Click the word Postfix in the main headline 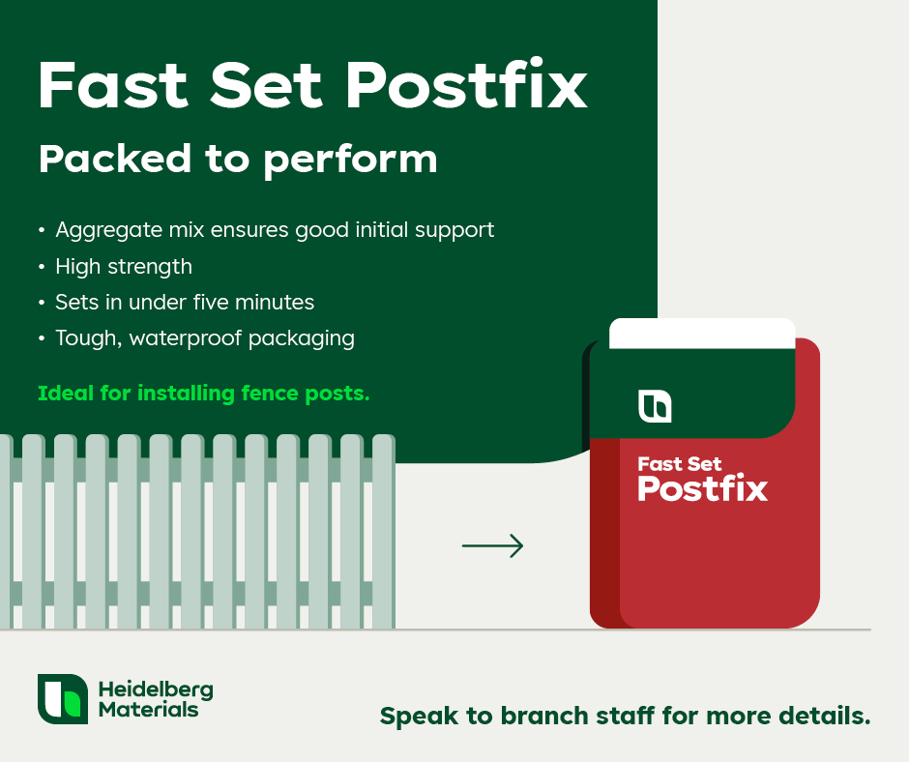tap(467, 84)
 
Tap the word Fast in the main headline tap(113, 85)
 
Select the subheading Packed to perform tap(238, 160)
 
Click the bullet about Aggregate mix tap(275, 230)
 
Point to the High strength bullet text tap(124, 267)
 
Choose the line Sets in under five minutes tap(185, 302)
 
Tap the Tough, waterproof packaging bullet tap(205, 338)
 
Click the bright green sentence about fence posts tap(203, 394)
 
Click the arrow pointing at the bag tap(493, 545)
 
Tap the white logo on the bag tap(655, 406)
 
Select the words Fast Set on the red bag tap(680, 464)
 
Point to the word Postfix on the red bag tap(703, 488)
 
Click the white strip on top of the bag tap(702, 334)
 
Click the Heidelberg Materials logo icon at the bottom tap(63, 699)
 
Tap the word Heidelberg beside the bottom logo tap(156, 689)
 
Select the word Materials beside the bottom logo tap(148, 710)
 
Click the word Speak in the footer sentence tap(419, 717)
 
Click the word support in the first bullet tap(454, 231)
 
